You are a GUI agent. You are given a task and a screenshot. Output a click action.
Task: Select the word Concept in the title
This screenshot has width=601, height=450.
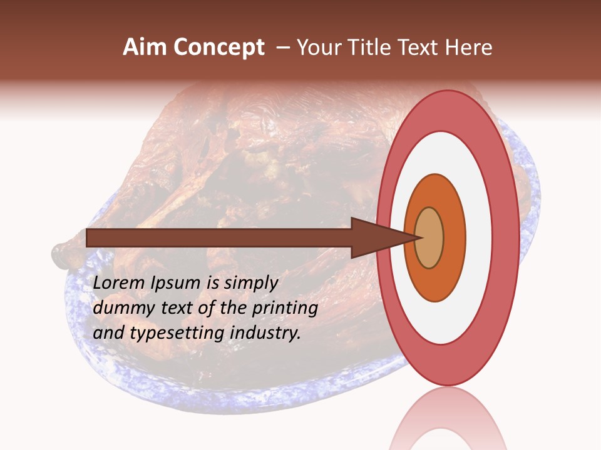coord(219,47)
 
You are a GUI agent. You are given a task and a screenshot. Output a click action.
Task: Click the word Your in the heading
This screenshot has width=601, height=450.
coord(320,47)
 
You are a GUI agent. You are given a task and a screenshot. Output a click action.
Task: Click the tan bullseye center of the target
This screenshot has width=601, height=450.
coord(429,237)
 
